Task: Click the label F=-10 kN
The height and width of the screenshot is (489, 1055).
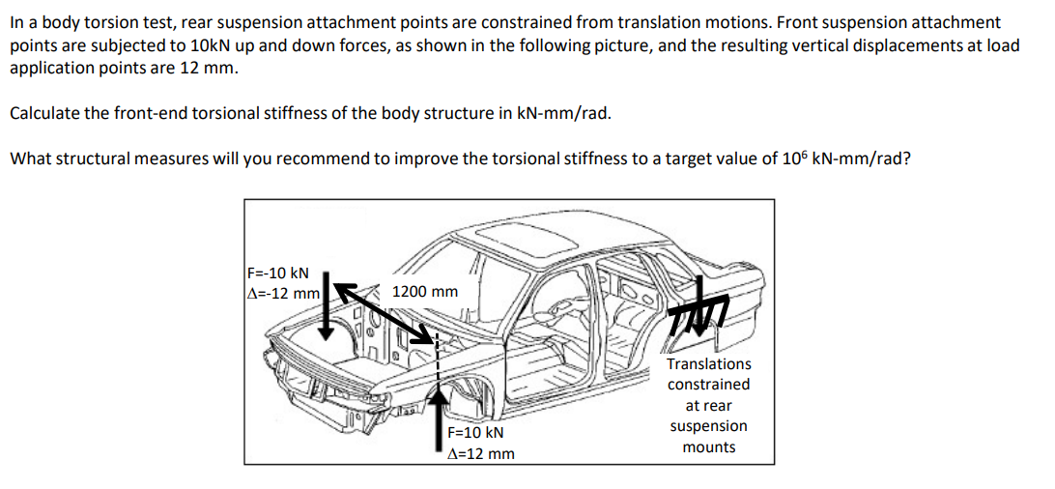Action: [x=278, y=273]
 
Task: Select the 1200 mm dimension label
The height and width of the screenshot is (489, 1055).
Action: [x=425, y=291]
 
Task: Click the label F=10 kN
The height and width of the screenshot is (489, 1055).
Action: [x=477, y=433]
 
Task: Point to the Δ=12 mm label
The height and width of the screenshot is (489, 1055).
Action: [x=482, y=453]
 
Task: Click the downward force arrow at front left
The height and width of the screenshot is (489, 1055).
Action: [x=328, y=305]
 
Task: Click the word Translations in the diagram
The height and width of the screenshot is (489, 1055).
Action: [x=708, y=364]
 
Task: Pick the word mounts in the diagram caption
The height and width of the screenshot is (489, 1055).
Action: [x=708, y=447]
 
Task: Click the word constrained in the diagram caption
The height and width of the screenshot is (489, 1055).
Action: [x=708, y=385]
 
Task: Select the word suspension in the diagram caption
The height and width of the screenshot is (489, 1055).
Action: [x=708, y=426]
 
